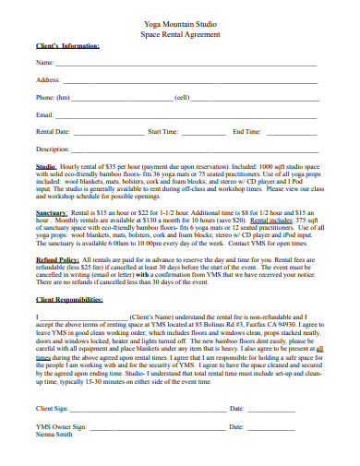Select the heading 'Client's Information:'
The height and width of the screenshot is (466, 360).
67,45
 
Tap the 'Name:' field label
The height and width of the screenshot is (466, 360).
44,62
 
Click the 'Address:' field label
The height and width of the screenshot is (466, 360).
48,79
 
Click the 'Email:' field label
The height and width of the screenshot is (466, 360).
44,114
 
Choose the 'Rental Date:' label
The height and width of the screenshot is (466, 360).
53,132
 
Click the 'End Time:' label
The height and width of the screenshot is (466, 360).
246,132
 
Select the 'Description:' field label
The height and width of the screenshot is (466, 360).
53,149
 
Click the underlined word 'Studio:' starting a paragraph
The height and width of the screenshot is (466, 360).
46,167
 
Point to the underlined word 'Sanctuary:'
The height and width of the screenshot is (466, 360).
52,212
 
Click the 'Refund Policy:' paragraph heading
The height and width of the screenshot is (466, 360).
56,260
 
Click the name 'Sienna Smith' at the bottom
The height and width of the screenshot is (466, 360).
54,436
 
